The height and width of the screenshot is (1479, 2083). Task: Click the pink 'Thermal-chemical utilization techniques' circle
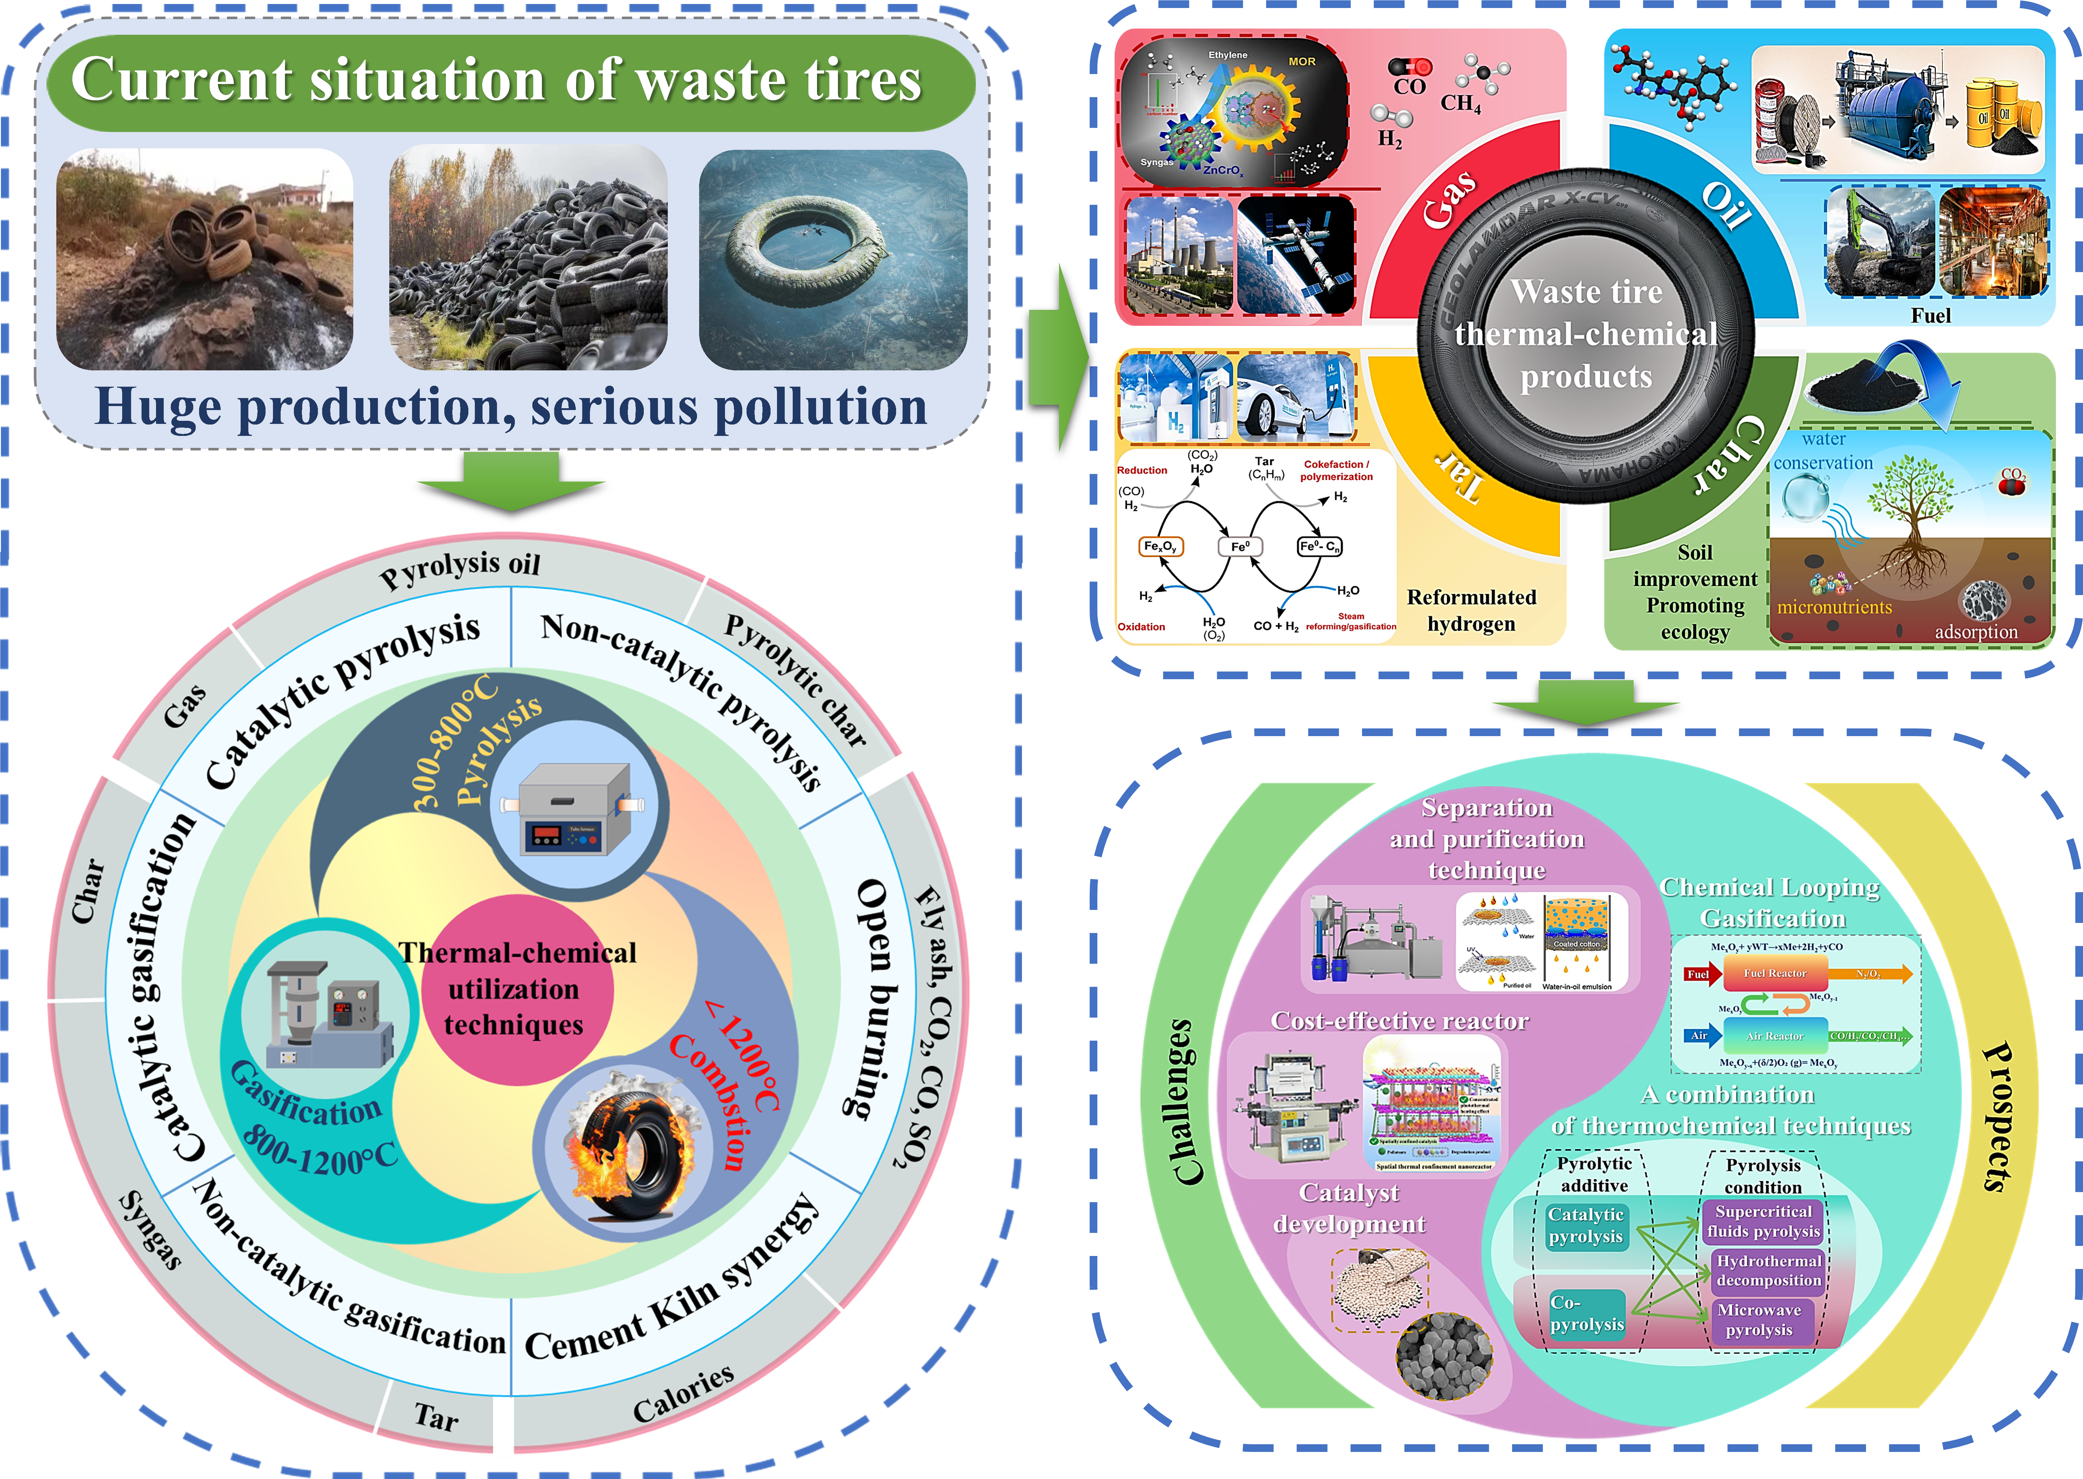tap(516, 990)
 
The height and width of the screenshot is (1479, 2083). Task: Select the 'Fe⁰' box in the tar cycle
tap(1240, 546)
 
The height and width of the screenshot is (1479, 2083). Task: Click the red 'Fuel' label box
tap(1698, 974)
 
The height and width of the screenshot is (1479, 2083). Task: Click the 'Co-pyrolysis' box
tap(1587, 1313)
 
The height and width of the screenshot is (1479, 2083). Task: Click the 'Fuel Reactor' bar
tap(1774, 974)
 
